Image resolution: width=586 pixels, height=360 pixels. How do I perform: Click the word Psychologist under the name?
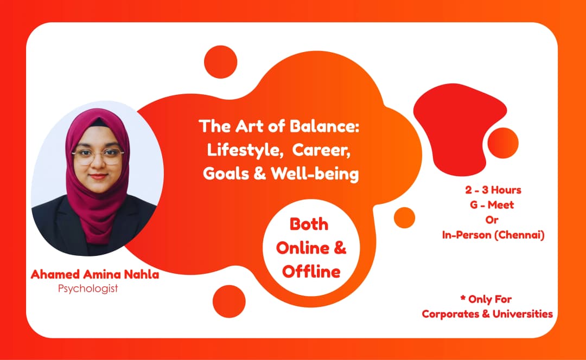pos(87,288)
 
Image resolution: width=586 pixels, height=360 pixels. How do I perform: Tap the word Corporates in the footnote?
pos(449,314)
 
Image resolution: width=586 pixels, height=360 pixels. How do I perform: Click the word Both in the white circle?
pos(309,223)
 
